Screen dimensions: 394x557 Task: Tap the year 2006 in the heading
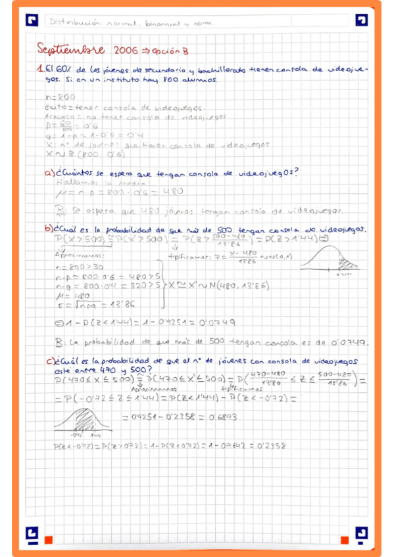pyautogui.click(x=124, y=50)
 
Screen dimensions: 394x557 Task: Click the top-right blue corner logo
pyautogui.click(x=361, y=20)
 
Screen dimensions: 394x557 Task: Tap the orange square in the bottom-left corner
pyautogui.click(x=48, y=540)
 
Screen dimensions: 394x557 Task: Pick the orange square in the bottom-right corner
pyautogui.click(x=344, y=540)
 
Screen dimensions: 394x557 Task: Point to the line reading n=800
pyautogui.click(x=52, y=97)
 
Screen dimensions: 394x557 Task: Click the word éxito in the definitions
pyautogui.click(x=50, y=108)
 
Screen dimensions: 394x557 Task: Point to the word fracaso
pyautogui.click(x=53, y=117)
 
